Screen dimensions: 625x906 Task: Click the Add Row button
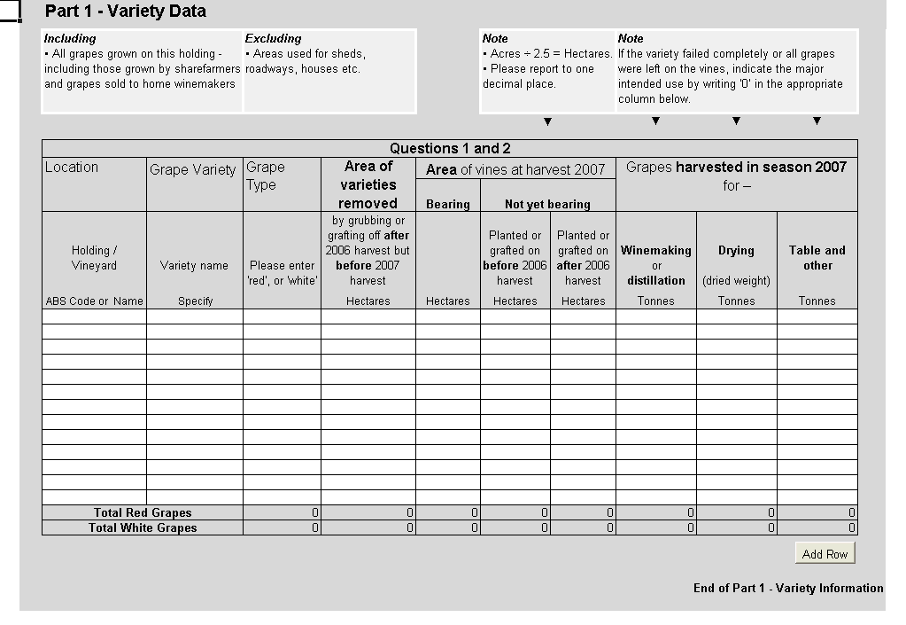[x=825, y=554]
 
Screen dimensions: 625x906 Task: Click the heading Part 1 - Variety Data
[x=125, y=12]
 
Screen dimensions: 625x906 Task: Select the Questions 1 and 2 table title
[x=450, y=148]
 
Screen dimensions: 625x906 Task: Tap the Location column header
[x=72, y=168]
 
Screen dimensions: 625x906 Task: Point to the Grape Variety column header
[x=193, y=169]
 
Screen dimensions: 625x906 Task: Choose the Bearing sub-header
[x=448, y=204]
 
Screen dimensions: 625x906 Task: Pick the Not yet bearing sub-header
[x=547, y=204]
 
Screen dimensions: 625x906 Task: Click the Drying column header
[x=736, y=251]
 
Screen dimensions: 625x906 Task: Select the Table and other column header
[x=817, y=257]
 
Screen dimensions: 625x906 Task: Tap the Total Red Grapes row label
[x=143, y=512]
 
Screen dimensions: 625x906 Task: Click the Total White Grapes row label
[x=143, y=527]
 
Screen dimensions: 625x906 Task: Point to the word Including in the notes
[x=70, y=39]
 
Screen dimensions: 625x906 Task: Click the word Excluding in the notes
[x=273, y=39]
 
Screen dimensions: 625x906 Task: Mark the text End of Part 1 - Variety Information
[x=788, y=588]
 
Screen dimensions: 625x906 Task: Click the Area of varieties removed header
[x=368, y=184]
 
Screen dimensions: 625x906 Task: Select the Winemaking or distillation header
[x=656, y=265]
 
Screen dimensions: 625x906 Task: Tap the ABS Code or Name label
[x=94, y=301]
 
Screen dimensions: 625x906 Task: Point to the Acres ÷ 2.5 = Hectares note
[x=547, y=54]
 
